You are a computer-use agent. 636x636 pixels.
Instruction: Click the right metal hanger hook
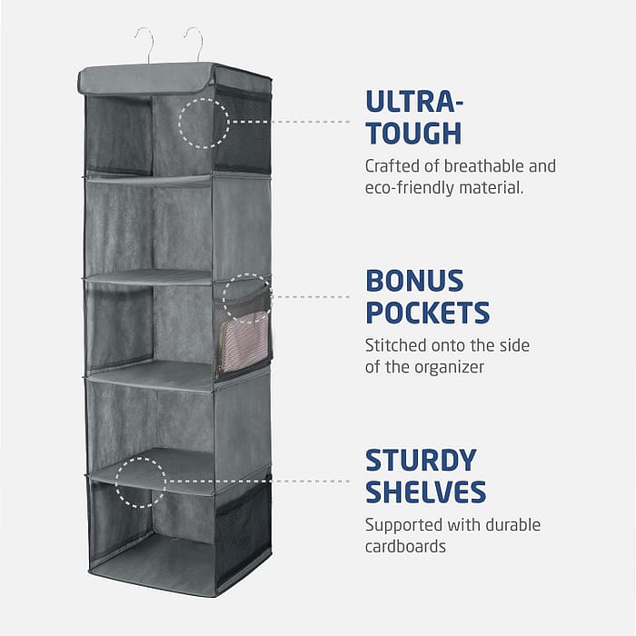(199, 40)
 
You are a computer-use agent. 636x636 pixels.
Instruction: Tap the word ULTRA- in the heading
(414, 102)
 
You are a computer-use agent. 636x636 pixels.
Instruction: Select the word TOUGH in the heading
(413, 133)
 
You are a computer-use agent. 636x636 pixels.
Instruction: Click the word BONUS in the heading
(414, 281)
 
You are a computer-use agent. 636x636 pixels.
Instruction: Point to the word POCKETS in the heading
(428, 312)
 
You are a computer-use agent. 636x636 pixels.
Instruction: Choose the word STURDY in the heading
(421, 461)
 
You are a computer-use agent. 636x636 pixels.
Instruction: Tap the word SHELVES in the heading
(426, 492)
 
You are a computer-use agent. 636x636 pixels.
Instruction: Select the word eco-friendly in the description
(410, 188)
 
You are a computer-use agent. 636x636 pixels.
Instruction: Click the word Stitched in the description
(395, 345)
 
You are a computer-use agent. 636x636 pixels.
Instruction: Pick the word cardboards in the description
(405, 546)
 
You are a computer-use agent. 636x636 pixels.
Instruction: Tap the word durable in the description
(512, 525)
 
